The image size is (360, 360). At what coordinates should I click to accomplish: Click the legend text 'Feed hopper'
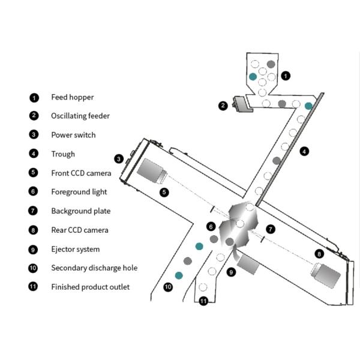72,97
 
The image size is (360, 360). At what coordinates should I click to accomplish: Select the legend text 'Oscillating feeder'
80,116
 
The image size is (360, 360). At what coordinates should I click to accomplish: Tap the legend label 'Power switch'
73,135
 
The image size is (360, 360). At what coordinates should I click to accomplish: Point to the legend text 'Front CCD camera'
81,173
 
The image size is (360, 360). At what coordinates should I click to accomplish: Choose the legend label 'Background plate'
80,211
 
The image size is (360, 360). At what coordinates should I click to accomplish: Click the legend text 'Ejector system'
76,249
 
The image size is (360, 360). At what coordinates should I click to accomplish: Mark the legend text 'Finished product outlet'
90,287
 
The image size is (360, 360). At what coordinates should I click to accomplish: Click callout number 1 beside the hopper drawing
286,76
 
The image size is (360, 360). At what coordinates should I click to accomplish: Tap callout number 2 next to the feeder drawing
223,106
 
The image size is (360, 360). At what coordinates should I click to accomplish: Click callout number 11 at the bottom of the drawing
203,301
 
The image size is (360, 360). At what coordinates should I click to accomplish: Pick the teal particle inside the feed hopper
253,77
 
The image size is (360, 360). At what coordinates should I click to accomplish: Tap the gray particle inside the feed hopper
271,64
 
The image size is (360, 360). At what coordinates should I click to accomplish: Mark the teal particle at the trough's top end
308,106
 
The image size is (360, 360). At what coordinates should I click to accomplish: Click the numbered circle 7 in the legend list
34,211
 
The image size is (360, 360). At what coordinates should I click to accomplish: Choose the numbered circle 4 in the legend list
34,154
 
